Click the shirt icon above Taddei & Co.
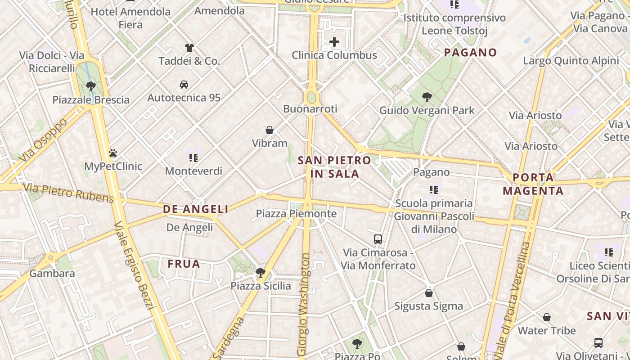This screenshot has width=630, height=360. coord(189,47)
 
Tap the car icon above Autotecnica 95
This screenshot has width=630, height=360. coord(184,84)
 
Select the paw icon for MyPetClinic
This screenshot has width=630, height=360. coord(112,153)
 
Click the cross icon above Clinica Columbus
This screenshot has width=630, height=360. coord(334,42)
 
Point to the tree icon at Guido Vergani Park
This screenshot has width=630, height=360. coord(427,97)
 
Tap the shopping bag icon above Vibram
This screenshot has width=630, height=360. coord(270,130)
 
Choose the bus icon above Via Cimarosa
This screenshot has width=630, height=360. coord(378,239)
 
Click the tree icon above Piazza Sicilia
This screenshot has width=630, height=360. coord(260,272)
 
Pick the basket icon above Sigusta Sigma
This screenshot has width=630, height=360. coord(429,293)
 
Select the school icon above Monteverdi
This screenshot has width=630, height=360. coord(193,157)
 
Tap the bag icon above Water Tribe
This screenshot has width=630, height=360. coord(546,317)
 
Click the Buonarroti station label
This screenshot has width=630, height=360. coord(310,109)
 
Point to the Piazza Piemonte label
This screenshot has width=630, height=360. coord(296,213)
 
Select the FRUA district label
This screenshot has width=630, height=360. coord(184,264)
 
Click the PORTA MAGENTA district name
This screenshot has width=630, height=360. coord(533,184)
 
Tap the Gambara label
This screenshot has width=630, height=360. coord(52,273)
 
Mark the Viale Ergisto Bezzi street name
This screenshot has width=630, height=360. coord(135,265)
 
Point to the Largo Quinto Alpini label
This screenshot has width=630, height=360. coord(571,61)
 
